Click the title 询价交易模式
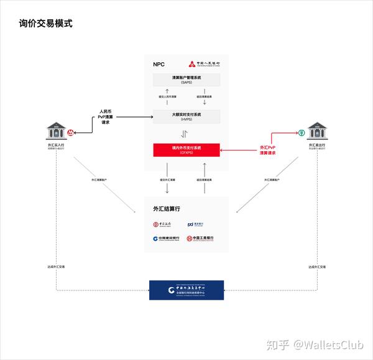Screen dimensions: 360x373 45,24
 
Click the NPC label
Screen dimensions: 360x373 159,64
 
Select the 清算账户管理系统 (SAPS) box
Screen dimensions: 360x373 186,80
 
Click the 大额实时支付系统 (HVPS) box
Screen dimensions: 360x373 186,116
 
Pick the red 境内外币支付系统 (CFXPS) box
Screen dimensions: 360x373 186,150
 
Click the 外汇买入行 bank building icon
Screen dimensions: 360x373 56,132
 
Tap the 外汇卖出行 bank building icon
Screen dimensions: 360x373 316,132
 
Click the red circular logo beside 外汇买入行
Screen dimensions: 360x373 71,132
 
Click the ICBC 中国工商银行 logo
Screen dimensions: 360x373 201,238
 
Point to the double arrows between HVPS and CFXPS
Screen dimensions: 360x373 185,134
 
